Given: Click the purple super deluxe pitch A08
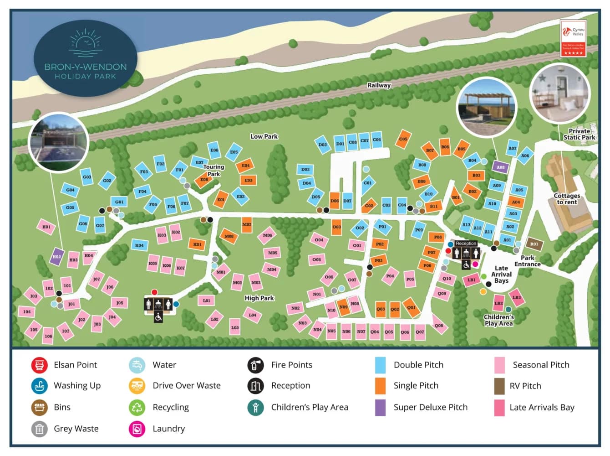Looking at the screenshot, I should (500, 167).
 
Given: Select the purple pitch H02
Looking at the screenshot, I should (56, 256).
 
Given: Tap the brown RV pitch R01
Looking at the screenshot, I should (534, 244).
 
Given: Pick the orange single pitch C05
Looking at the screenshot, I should (403, 139).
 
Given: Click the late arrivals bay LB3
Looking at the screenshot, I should (517, 297).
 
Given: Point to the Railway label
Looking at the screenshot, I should (379, 85).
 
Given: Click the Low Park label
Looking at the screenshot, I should (264, 136).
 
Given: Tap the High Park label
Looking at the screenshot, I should (259, 298).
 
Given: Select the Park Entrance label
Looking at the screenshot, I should (527, 261).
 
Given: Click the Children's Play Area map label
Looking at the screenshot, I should (498, 320).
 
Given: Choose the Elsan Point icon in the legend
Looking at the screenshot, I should (40, 365).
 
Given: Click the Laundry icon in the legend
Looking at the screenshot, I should (137, 429).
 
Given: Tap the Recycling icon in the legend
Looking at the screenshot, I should (137, 407).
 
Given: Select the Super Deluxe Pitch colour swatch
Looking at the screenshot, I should (380, 407).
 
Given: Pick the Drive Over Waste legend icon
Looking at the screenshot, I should (137, 386).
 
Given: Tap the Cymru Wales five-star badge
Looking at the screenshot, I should (573, 38).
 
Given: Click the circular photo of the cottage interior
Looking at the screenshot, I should (559, 93).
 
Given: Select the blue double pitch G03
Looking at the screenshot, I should (87, 177).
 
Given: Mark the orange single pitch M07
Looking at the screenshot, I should (247, 224).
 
